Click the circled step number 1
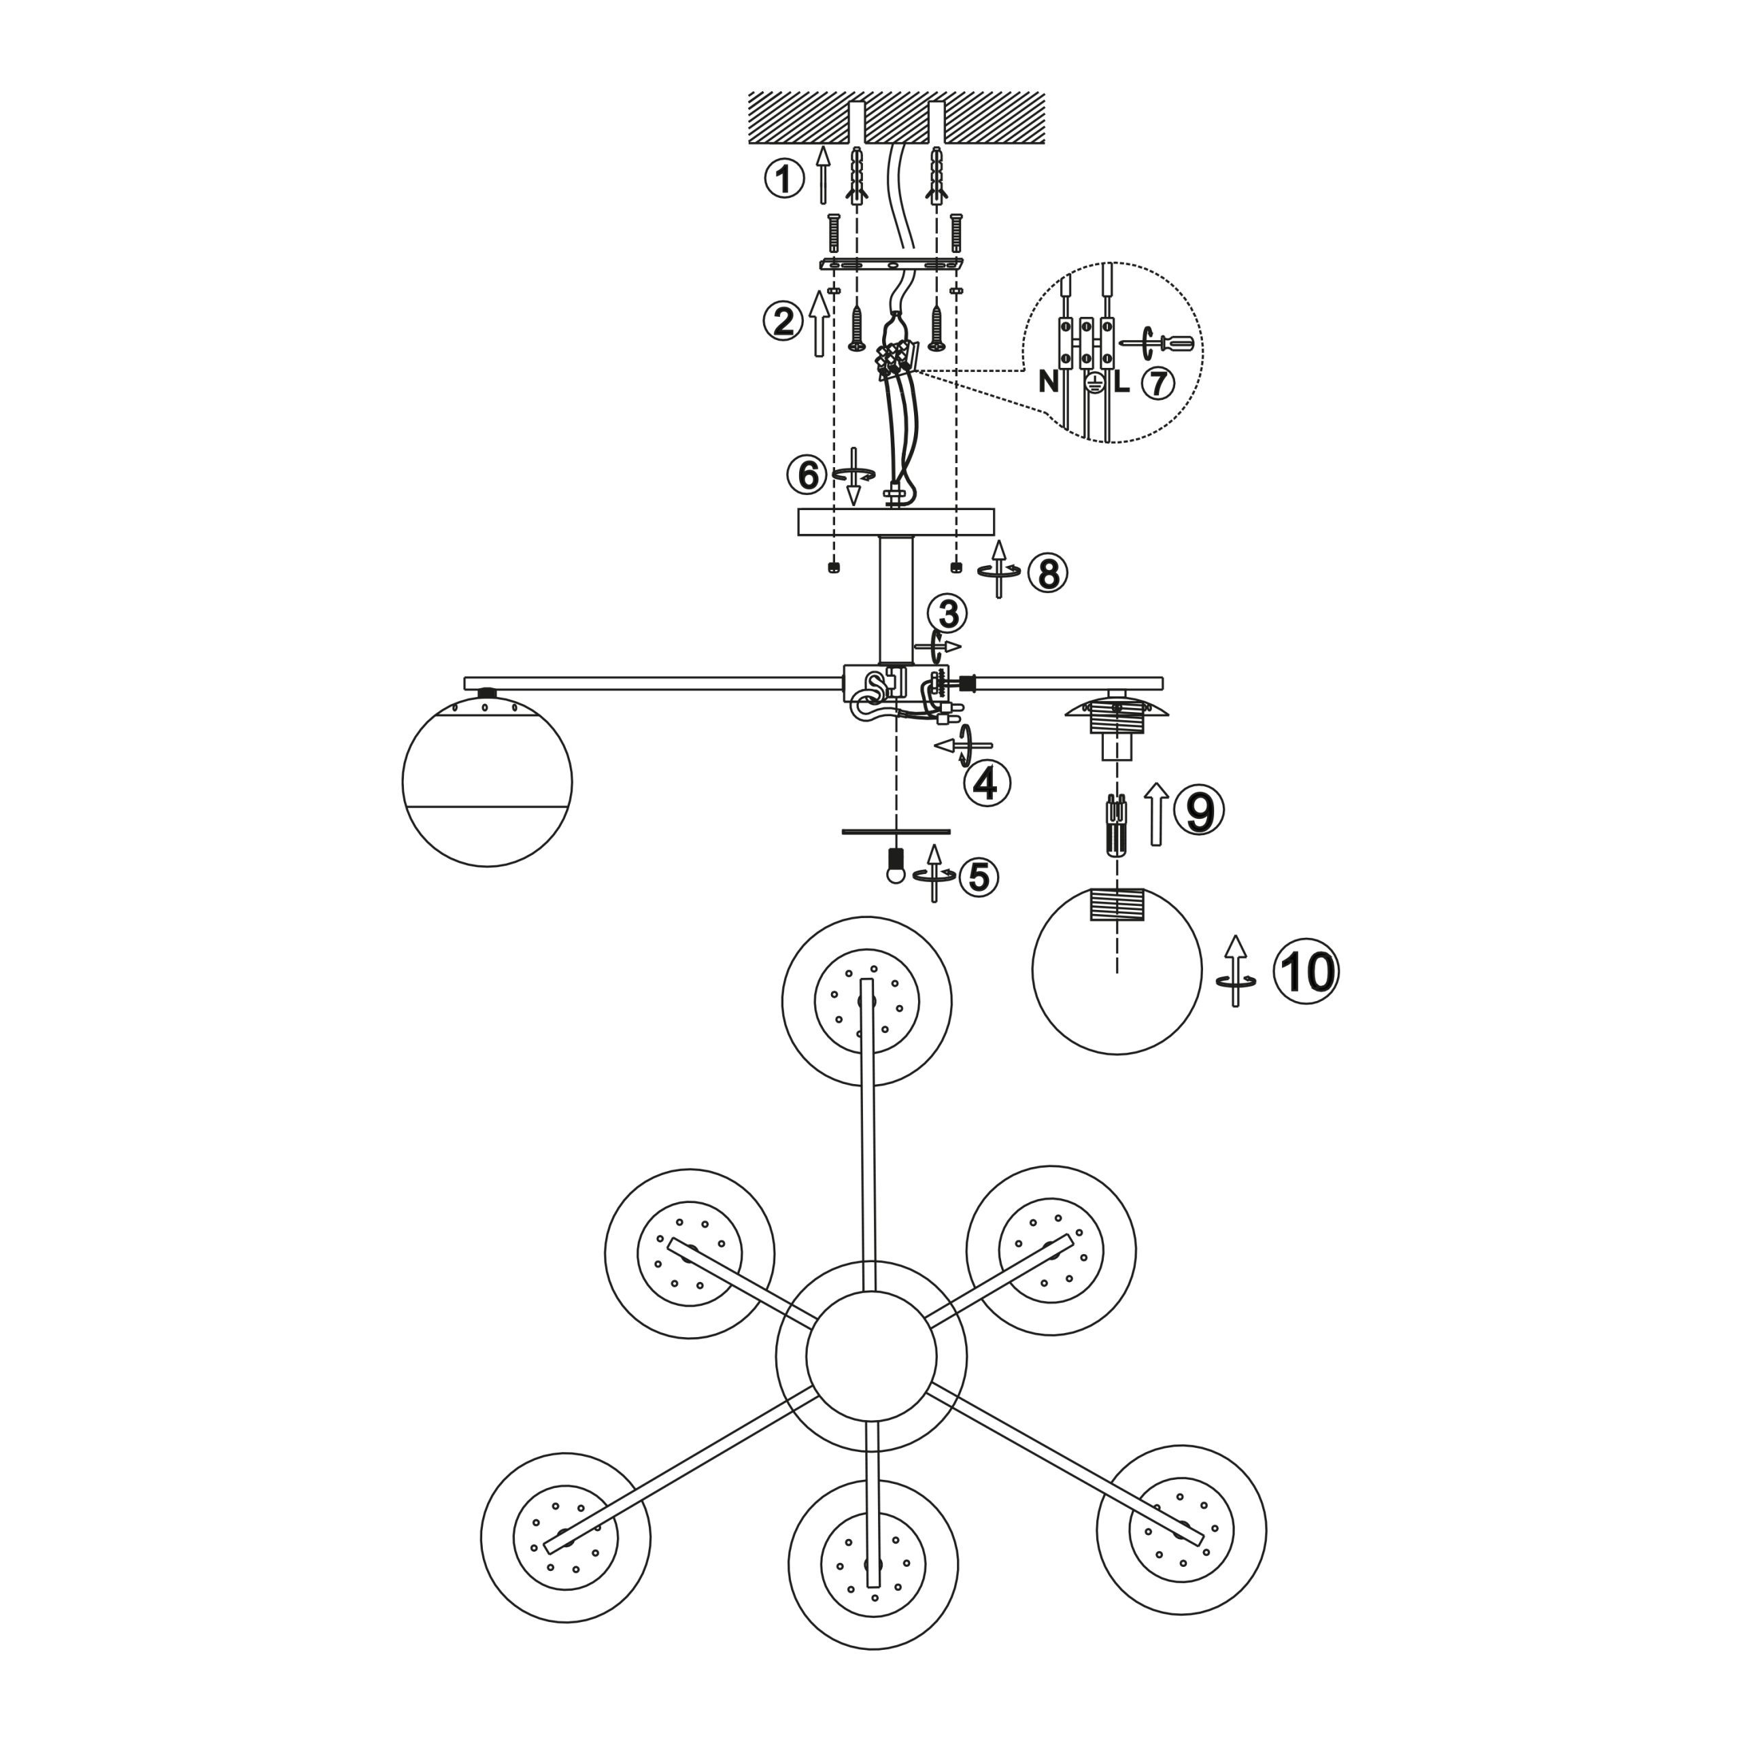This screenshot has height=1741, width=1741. [x=784, y=178]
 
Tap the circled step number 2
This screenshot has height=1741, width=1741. [x=783, y=322]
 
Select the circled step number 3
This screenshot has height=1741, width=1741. [x=948, y=615]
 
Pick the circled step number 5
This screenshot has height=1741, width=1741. [x=979, y=877]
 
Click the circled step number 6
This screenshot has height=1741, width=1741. [x=807, y=475]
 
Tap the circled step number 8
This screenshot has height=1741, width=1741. [x=1047, y=573]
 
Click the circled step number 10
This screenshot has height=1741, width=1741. [x=1306, y=973]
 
